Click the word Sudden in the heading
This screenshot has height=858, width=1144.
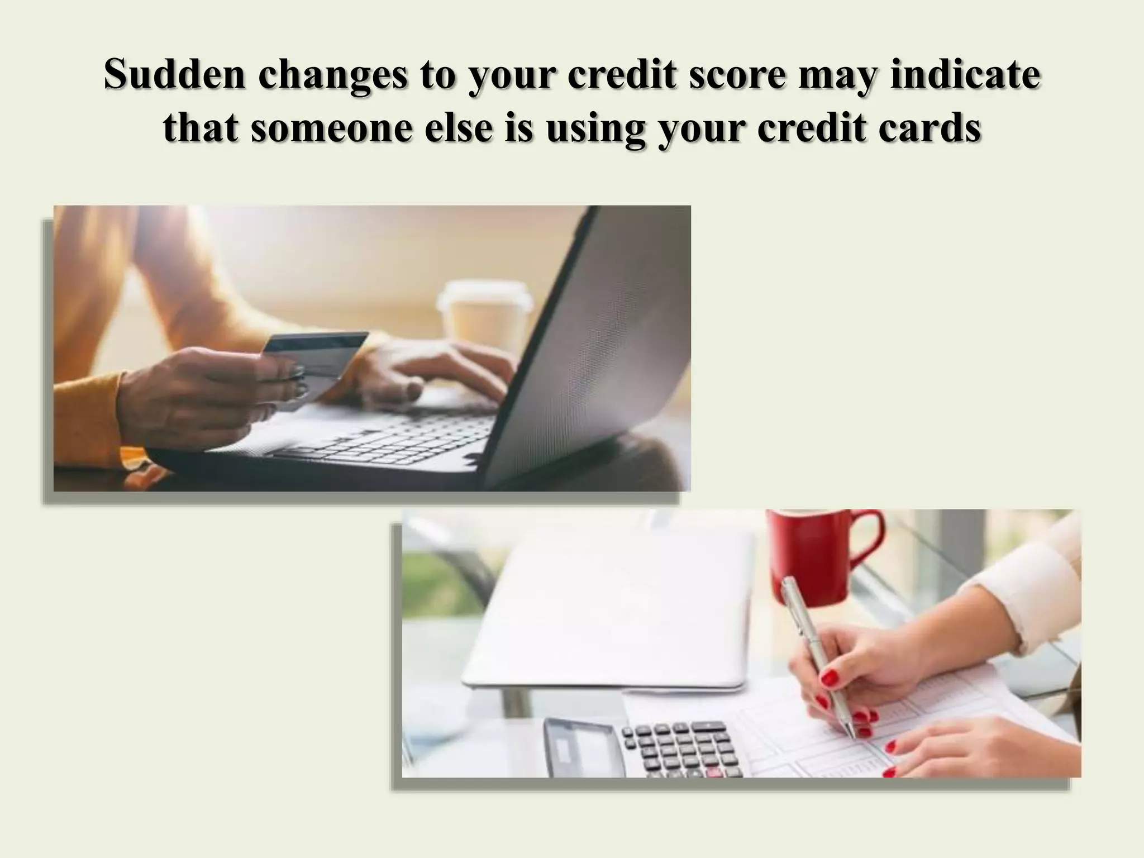click(x=174, y=74)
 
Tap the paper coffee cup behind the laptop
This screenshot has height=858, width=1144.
click(x=483, y=316)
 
